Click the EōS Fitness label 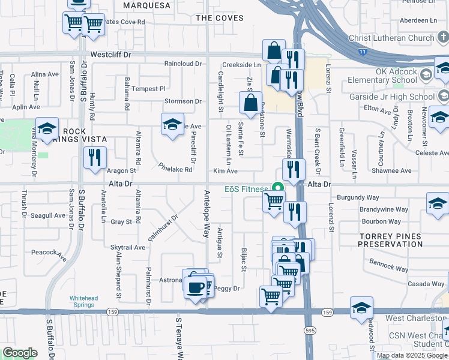pyautogui.click(x=246, y=189)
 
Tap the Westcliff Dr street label pyautogui.click(x=111, y=54)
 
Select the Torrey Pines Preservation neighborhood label pyautogui.click(x=391, y=240)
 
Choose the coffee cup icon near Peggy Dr pyautogui.click(x=194, y=287)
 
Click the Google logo pyautogui.click(x=20, y=353)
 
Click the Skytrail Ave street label pyautogui.click(x=128, y=247)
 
